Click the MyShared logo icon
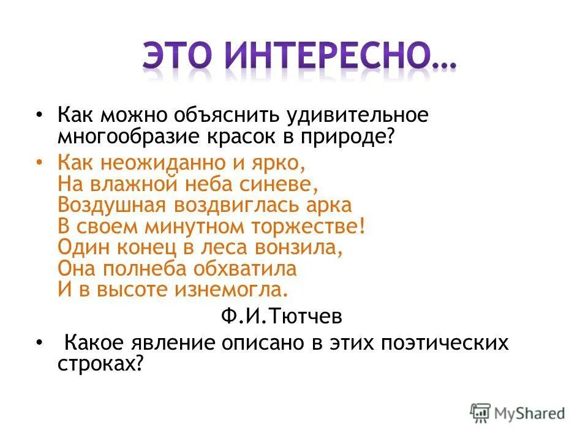click(480, 412)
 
